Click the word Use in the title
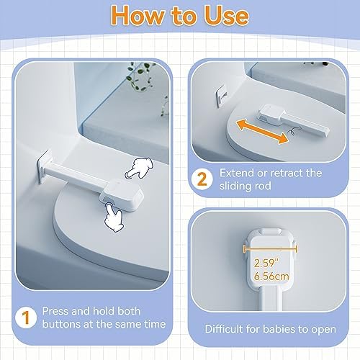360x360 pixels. coord(226,15)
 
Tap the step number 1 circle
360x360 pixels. coord(25,318)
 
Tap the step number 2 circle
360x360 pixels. coord(202,179)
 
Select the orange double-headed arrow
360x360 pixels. coord(262,132)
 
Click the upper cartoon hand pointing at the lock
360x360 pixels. coord(139,168)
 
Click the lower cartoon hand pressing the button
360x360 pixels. coord(113,217)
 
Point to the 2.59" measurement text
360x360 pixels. coord(266,264)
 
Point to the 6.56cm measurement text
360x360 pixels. coord(271,276)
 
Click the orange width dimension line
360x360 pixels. coord(270,249)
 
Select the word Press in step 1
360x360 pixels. coord(55,311)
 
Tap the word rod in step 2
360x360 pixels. coord(263,186)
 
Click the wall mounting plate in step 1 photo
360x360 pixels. coord(45,166)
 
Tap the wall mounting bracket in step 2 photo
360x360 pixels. coord(221,96)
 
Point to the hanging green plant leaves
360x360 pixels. coord(140,76)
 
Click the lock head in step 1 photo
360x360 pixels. coord(122,194)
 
